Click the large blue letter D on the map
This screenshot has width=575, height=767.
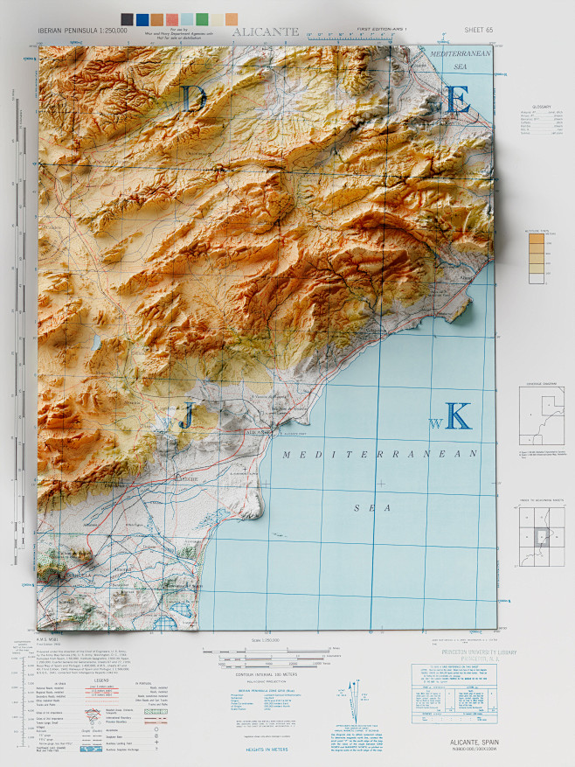tap(194, 99)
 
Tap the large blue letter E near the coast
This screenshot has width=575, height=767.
tap(458, 99)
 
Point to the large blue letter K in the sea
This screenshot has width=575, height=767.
tap(458, 415)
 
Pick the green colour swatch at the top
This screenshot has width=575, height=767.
tap(203, 18)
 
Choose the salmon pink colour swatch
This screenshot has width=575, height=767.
tap(172, 18)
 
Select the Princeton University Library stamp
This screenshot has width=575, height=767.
tap(454, 653)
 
